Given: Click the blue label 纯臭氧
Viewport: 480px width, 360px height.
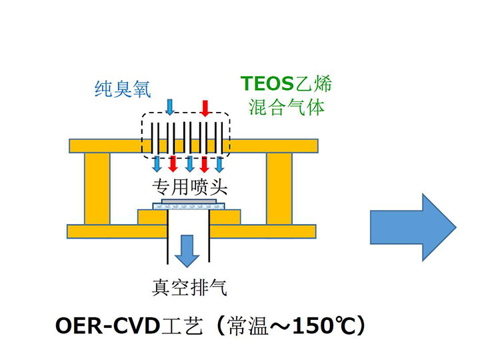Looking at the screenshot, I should [122, 89].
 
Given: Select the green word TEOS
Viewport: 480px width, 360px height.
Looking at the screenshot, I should [267, 84].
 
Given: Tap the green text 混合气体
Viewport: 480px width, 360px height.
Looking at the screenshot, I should [287, 107].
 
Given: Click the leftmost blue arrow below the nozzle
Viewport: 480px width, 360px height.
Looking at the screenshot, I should [158, 164].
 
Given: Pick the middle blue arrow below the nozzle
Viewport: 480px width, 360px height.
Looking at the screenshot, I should [189, 164].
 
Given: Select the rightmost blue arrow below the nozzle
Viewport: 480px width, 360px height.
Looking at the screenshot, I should [219, 164].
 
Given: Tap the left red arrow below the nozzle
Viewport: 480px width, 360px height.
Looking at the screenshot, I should [173, 164].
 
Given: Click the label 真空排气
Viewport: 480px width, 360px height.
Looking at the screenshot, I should [189, 288].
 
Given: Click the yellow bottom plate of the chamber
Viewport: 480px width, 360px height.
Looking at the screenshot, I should [120, 231].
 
